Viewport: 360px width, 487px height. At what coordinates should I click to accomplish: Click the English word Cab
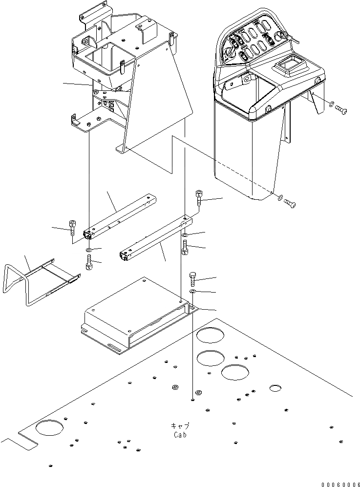click(180, 434)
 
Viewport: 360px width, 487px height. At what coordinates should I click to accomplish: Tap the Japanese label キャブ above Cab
click(180, 425)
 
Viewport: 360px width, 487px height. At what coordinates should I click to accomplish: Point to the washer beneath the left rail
click(88, 251)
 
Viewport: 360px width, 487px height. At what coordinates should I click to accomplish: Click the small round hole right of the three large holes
click(275, 388)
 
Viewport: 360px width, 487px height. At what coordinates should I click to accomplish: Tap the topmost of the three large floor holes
click(210, 336)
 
